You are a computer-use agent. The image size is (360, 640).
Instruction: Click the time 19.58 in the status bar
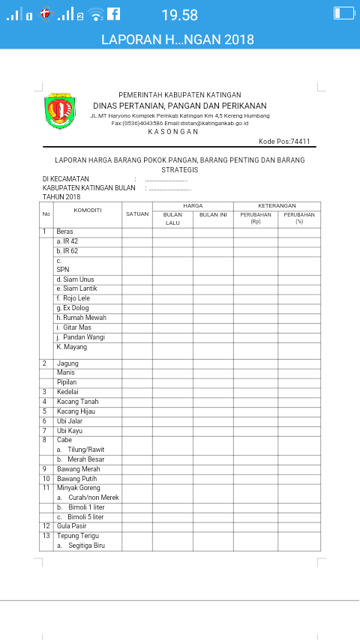[179, 14]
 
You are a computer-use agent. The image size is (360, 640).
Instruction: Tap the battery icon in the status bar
[343, 13]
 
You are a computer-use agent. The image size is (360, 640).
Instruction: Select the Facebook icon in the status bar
[114, 13]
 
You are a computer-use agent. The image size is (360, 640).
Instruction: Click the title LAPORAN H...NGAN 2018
[178, 40]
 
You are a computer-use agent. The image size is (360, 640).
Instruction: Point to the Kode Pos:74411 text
[284, 142]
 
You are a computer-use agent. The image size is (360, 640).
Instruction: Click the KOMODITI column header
[87, 210]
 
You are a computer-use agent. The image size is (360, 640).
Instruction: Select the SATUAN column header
[137, 214]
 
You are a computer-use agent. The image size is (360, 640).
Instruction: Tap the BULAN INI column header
[213, 214]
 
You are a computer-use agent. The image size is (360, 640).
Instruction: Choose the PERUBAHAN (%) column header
[299, 217]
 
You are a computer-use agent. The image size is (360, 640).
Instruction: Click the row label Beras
[64, 232]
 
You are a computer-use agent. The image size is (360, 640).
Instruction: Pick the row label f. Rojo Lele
[73, 298]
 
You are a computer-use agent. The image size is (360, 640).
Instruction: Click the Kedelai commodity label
[68, 392]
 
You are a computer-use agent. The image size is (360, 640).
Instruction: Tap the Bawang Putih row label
[77, 479]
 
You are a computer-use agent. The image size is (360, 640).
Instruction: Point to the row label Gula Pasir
[73, 527]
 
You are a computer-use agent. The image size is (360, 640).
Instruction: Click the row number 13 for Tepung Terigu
[46, 537]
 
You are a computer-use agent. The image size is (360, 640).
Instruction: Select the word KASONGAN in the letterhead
[173, 131]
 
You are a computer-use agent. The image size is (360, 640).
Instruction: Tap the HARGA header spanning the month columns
[193, 205]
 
